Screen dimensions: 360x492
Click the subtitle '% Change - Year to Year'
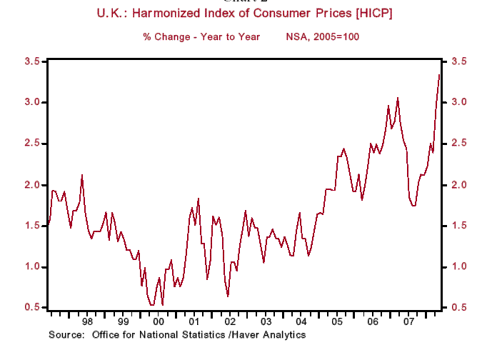[x=201, y=36]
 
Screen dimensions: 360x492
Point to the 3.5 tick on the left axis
[x=31, y=61]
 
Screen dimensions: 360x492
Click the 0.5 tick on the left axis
[x=31, y=308]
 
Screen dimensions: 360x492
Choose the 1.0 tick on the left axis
[x=31, y=267]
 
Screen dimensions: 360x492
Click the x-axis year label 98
[x=86, y=322]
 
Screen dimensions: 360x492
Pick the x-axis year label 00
[x=158, y=322]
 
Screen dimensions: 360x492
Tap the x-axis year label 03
[x=266, y=322]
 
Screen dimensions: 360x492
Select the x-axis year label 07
[x=408, y=322]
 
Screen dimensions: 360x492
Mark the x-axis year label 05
[x=337, y=322]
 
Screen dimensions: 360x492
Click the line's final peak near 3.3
[x=439, y=74]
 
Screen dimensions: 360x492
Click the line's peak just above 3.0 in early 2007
[x=398, y=98]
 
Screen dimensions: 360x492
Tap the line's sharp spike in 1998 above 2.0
[x=82, y=174]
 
